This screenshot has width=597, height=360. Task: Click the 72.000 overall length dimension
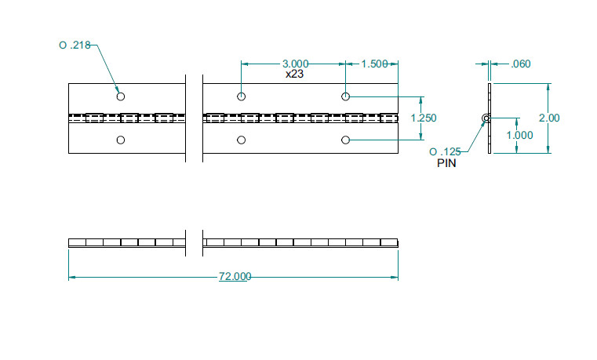click(235, 276)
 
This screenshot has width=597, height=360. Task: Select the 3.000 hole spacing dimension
click(295, 64)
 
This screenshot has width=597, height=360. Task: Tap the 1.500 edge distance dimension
click(374, 64)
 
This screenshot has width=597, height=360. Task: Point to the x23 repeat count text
click(294, 74)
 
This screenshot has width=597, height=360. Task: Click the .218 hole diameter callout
click(75, 45)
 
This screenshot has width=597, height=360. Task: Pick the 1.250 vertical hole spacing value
click(424, 118)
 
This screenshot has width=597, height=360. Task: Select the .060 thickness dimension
click(520, 64)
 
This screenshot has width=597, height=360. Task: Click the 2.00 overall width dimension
click(549, 118)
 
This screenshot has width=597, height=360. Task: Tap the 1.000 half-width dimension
click(519, 135)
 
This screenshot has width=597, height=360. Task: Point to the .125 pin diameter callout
click(445, 152)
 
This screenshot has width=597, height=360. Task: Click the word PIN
click(446, 163)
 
